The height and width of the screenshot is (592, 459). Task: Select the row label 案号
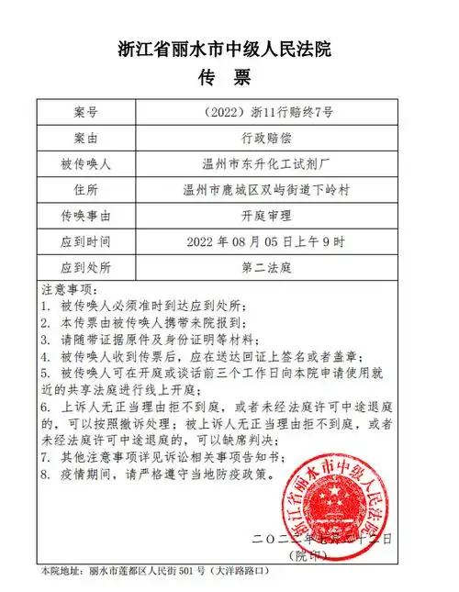tap(86, 114)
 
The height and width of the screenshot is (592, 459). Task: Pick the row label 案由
tap(86, 140)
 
